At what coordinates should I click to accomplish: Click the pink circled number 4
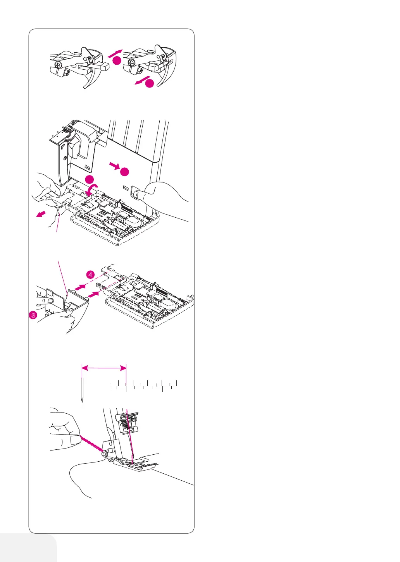(x=90, y=275)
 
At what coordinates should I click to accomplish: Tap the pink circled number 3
(x=33, y=315)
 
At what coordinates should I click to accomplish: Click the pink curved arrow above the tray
(x=92, y=190)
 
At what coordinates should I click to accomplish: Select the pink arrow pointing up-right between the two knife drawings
(x=115, y=53)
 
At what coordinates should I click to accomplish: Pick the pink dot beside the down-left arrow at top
(x=150, y=83)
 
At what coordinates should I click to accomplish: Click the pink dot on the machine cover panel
(x=124, y=172)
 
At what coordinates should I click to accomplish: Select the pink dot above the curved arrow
(x=90, y=179)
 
